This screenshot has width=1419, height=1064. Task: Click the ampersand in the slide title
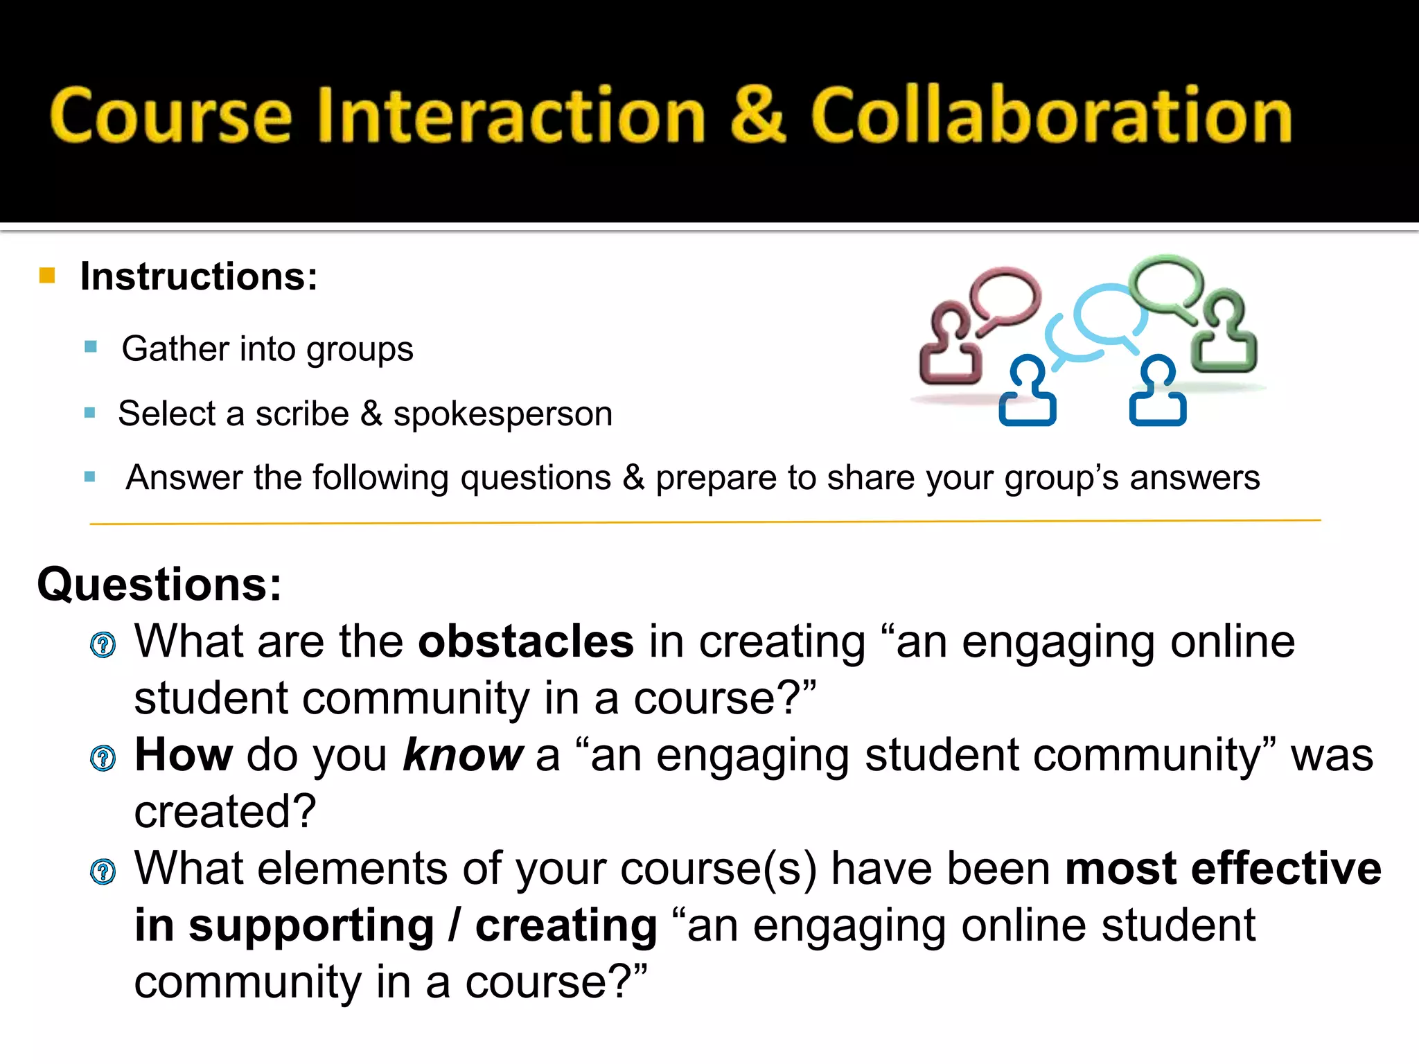point(758,114)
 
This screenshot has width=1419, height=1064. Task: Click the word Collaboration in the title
point(1051,114)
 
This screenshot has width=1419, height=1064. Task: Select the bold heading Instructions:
point(199,276)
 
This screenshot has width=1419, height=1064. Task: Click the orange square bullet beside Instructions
point(47,276)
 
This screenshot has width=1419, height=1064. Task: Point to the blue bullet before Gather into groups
point(90,346)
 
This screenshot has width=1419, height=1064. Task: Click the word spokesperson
point(502,414)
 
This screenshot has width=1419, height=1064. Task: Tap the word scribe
point(302,414)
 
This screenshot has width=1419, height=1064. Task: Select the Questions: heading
point(159,584)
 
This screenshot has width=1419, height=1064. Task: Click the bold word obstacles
point(525,641)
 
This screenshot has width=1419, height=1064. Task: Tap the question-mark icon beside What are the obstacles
point(103,645)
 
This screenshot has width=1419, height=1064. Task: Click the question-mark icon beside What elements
point(103,871)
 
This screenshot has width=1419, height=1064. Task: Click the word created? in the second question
point(225,811)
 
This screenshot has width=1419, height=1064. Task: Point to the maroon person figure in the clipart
point(950,344)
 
